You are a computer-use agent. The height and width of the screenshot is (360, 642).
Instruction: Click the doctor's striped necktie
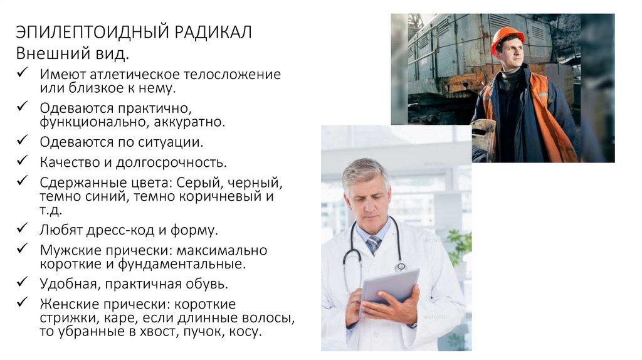[374, 245]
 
